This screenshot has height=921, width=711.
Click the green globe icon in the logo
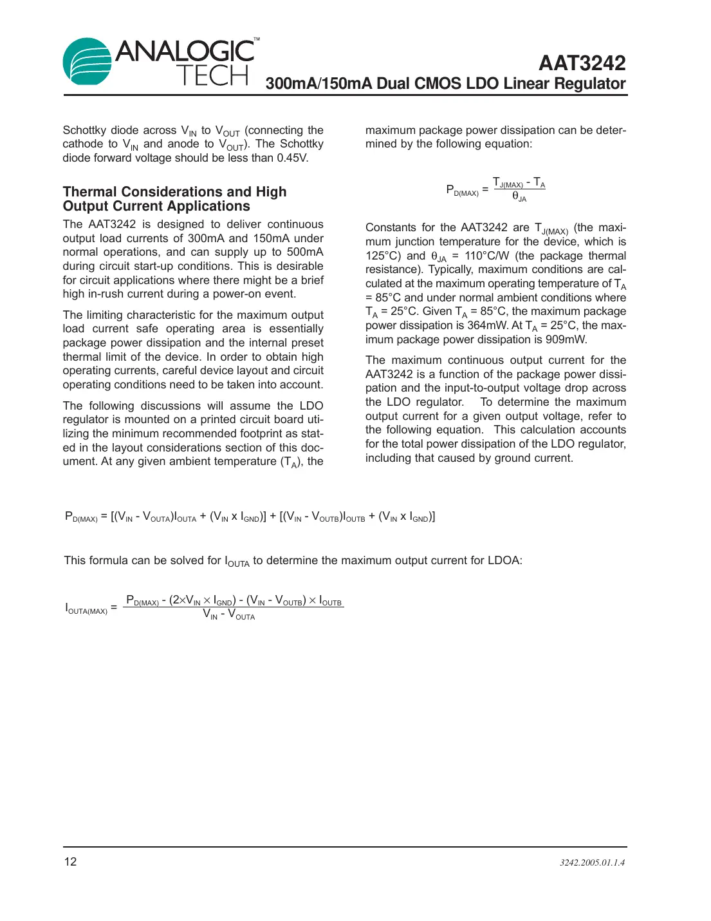[x=87, y=61]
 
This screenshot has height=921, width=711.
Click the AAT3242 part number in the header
[x=582, y=63]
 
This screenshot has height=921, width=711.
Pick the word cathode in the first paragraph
[x=82, y=144]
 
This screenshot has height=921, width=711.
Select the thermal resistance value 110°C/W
[x=486, y=256]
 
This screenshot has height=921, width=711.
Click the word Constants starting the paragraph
[x=391, y=227]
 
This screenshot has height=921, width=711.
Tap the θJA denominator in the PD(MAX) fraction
[x=519, y=197]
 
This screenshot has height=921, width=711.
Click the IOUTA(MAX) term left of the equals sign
[x=86, y=609]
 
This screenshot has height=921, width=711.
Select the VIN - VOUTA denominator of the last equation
[x=229, y=615]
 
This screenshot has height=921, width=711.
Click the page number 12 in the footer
[x=70, y=862]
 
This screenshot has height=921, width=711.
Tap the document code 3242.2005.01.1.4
[x=592, y=862]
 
